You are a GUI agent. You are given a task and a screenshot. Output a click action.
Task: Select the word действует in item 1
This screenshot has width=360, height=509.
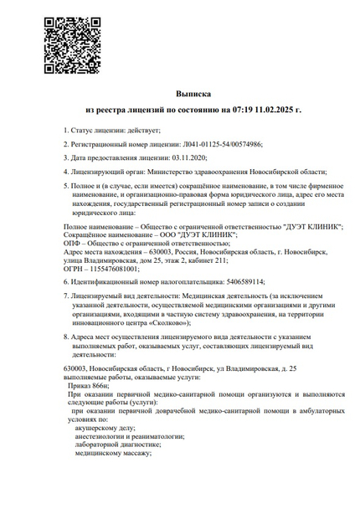click(136, 130)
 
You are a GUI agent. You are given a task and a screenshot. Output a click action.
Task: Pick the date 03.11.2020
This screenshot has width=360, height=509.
click(187, 157)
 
